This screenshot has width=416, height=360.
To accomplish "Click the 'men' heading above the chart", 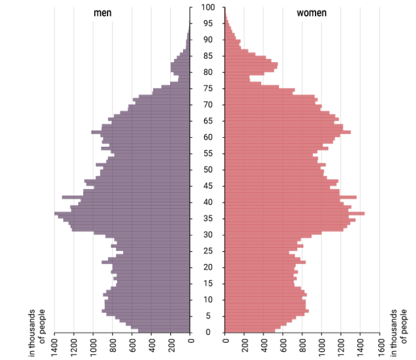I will point(102,13).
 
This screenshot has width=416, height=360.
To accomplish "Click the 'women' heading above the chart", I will point(311,13).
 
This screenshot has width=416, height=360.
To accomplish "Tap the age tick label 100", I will point(208,8).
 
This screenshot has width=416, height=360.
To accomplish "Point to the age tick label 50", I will point(208,170).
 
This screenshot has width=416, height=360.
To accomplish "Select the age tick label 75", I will point(208,88).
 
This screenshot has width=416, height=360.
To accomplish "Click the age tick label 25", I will point(208,251).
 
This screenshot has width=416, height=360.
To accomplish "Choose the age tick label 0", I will point(208,332).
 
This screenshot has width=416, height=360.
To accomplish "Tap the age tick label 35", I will point(208,218).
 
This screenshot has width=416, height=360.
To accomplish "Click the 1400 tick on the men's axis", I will point(55,347).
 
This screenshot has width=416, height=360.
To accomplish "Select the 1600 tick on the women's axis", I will point(380,347).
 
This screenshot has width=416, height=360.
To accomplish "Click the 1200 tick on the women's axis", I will point(341,347).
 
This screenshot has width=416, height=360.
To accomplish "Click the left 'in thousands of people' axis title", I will point(37,333).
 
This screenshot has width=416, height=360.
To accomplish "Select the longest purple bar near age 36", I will point(122,213).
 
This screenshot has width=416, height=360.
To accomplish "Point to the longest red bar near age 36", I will point(294,213).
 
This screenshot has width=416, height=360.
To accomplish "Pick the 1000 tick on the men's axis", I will point(94,347).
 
